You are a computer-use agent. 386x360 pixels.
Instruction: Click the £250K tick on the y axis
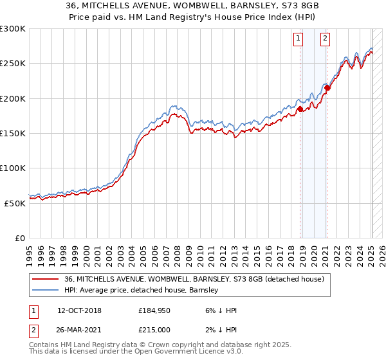(x=13, y=64)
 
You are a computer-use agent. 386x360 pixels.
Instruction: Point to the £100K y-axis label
(x=13, y=168)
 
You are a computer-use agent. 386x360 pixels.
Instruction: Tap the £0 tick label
(x=20, y=238)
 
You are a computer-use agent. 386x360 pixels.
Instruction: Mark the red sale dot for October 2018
(x=300, y=109)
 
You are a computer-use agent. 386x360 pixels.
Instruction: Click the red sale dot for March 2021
(x=327, y=88)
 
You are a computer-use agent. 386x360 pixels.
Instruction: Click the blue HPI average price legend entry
(x=142, y=291)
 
